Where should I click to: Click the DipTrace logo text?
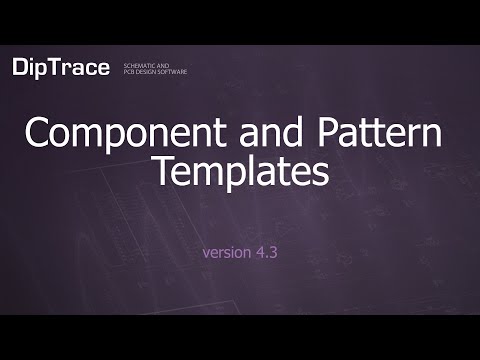(x=59, y=67)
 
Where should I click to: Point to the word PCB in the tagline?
(x=127, y=71)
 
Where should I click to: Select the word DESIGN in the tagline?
(x=144, y=71)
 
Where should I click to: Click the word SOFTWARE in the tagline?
(x=172, y=71)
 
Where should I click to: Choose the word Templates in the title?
(x=240, y=172)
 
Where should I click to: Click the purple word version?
(x=223, y=252)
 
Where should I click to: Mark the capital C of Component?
(x=37, y=134)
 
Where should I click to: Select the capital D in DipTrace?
(x=22, y=67)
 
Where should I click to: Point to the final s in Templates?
(x=320, y=174)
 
